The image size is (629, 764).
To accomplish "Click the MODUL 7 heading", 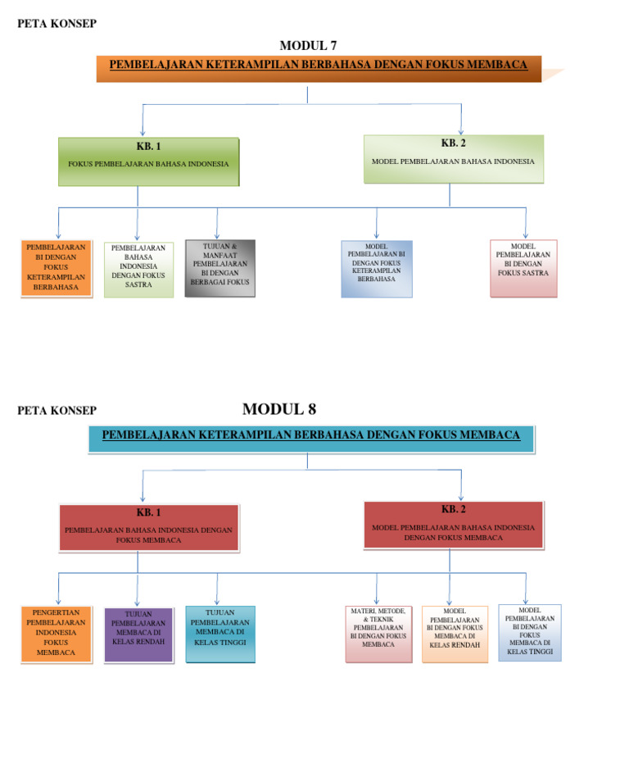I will pos(308,45).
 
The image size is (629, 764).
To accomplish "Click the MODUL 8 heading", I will pos(279,409).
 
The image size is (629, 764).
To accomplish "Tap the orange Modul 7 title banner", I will pos(319,68).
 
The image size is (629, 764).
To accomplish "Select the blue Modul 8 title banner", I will pos(310,439).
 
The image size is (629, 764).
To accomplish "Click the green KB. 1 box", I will pos(148,161).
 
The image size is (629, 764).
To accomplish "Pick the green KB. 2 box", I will pos(453,158).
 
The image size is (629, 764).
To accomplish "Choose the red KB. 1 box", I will pos(148,526).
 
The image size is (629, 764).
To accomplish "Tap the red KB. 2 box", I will pos(453,524).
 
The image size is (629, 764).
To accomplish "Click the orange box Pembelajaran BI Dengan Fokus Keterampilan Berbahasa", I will pos(57,267).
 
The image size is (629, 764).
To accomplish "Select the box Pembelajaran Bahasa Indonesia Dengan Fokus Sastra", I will pos(138,269).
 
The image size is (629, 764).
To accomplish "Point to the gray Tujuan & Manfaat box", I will pos(219,268).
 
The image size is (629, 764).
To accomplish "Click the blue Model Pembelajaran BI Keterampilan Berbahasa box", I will pos(377,268).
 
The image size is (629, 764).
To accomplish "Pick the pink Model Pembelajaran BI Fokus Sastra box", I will pos(523,267).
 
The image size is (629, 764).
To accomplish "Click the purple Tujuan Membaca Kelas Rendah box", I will pos(138,634).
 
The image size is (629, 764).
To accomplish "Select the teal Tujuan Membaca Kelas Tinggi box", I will pos(219,634).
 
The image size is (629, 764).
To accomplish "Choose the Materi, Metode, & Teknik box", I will pos(378,633).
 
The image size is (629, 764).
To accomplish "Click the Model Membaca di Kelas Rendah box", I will pos(455,633).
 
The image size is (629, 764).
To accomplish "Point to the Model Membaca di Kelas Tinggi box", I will pos(529,632).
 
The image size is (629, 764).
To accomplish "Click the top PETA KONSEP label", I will pos(57,23).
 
